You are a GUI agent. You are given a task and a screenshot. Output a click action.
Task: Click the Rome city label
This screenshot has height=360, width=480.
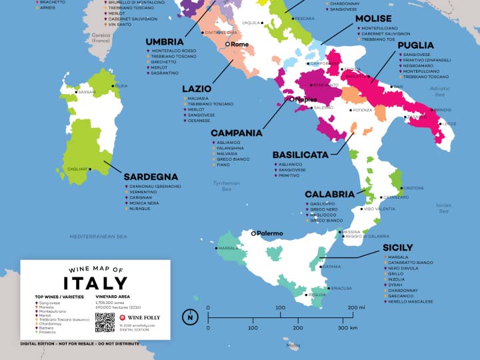(240, 44)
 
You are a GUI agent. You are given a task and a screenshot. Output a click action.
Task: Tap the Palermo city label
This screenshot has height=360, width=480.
(270, 233)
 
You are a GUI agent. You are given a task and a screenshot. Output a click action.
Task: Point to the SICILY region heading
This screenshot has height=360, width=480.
(398, 247)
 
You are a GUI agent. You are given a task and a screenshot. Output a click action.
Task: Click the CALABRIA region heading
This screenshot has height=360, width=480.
(329, 194)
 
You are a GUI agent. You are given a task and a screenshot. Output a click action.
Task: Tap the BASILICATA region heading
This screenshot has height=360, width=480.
(300, 155)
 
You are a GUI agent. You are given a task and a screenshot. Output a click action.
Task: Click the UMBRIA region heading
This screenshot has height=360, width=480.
(165, 42)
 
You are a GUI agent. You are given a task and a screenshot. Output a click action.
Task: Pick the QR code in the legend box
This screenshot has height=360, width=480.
(105, 322)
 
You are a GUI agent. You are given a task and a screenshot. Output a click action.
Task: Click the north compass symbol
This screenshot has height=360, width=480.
(191, 317)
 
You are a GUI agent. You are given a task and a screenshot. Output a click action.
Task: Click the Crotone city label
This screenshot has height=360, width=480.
(413, 188)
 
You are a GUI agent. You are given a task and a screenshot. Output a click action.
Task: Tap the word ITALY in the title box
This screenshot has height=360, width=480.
(95, 282)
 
